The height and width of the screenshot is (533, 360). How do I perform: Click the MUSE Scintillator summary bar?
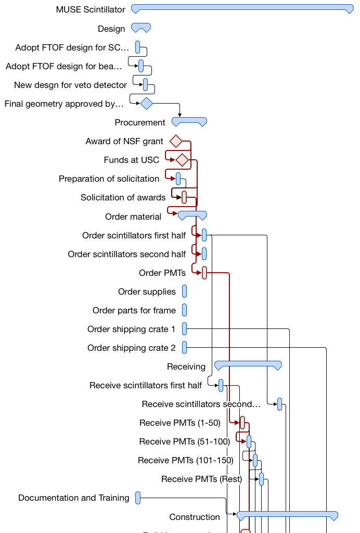point(242,8)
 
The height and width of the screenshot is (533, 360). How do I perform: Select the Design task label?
point(111,29)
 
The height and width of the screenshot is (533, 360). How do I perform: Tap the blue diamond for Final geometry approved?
point(146,104)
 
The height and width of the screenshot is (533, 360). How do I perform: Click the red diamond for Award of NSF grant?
point(176,141)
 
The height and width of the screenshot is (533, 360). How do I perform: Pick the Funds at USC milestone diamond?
point(182,160)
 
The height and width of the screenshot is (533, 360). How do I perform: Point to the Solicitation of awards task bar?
point(184,197)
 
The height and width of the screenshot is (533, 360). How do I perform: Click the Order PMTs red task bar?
point(204,273)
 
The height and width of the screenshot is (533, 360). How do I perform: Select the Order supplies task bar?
point(184,291)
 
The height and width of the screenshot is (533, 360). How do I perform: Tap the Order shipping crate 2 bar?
point(184,348)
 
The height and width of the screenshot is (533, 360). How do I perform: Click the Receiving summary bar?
point(248,365)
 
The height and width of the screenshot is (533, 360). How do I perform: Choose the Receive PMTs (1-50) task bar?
point(242,423)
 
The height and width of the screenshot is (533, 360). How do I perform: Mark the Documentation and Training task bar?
point(138,498)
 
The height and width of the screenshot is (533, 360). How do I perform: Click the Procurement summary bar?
point(189,121)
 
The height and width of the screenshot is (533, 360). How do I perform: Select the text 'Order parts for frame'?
point(134,311)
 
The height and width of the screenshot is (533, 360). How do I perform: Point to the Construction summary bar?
point(287,515)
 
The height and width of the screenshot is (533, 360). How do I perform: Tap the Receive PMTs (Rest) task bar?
point(261,479)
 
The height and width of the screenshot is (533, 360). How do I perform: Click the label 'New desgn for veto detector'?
point(70,85)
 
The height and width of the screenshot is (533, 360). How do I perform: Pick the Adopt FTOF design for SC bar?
point(138,47)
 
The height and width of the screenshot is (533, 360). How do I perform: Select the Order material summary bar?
point(192,214)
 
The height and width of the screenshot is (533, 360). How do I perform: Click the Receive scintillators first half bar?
point(221,385)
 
